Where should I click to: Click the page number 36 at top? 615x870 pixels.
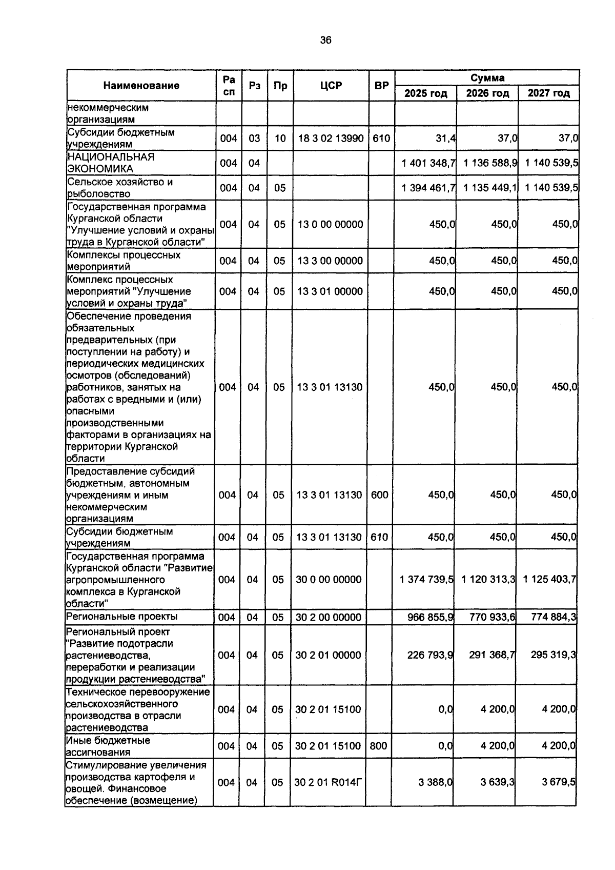(x=325, y=41)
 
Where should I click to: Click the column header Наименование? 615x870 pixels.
(x=141, y=86)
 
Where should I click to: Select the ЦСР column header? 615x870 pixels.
(x=331, y=86)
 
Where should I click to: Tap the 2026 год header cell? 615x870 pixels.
(x=487, y=93)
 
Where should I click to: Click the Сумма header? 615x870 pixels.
(x=487, y=78)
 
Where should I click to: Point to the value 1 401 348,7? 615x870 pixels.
(x=428, y=163)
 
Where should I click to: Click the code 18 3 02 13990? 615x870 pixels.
(x=331, y=138)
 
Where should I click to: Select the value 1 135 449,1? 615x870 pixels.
(x=490, y=188)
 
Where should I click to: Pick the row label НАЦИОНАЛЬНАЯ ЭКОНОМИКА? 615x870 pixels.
(x=111, y=163)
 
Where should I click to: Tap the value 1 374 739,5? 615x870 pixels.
(x=426, y=580)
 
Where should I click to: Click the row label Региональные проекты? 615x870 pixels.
(x=121, y=617)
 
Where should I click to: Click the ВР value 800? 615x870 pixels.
(x=378, y=746)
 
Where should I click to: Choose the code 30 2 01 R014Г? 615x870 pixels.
(x=329, y=783)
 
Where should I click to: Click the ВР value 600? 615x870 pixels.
(x=379, y=495)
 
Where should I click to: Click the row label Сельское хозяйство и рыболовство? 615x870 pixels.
(x=120, y=188)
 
